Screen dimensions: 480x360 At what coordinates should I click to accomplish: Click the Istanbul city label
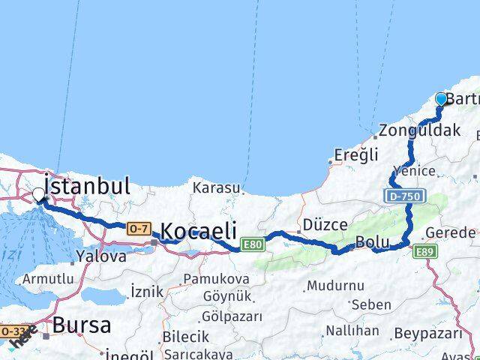(x=88, y=185)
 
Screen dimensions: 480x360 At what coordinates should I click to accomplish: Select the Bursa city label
(x=82, y=325)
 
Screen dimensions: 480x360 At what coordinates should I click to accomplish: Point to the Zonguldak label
(x=419, y=130)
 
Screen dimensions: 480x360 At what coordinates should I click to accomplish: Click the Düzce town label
(x=325, y=224)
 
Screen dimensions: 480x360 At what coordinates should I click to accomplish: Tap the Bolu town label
(x=372, y=243)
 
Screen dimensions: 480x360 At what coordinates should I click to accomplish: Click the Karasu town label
(x=216, y=187)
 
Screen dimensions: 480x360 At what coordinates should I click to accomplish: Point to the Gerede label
(x=451, y=232)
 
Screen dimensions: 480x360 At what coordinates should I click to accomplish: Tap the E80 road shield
(x=253, y=244)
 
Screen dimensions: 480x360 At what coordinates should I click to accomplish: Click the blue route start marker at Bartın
(x=441, y=99)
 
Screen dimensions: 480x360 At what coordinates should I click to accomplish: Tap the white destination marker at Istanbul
(x=39, y=194)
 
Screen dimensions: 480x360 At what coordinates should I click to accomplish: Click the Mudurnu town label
(x=335, y=286)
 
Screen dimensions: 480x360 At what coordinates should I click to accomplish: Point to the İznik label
(x=146, y=290)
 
